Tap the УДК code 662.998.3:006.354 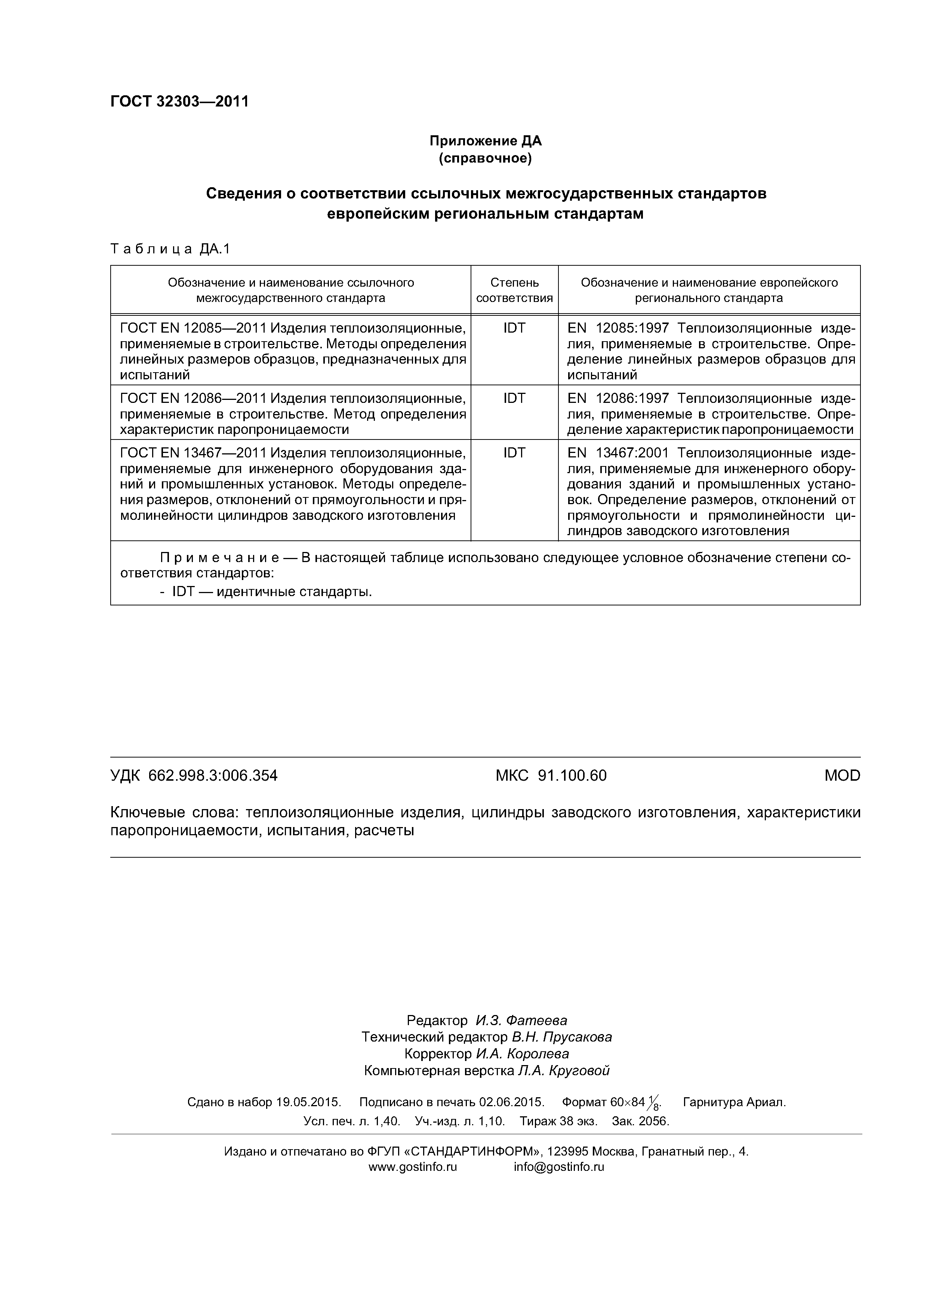pos(212,775)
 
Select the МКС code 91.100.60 pos(572,775)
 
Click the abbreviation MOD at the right pos(842,775)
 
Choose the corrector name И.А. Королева pos(522,1054)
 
